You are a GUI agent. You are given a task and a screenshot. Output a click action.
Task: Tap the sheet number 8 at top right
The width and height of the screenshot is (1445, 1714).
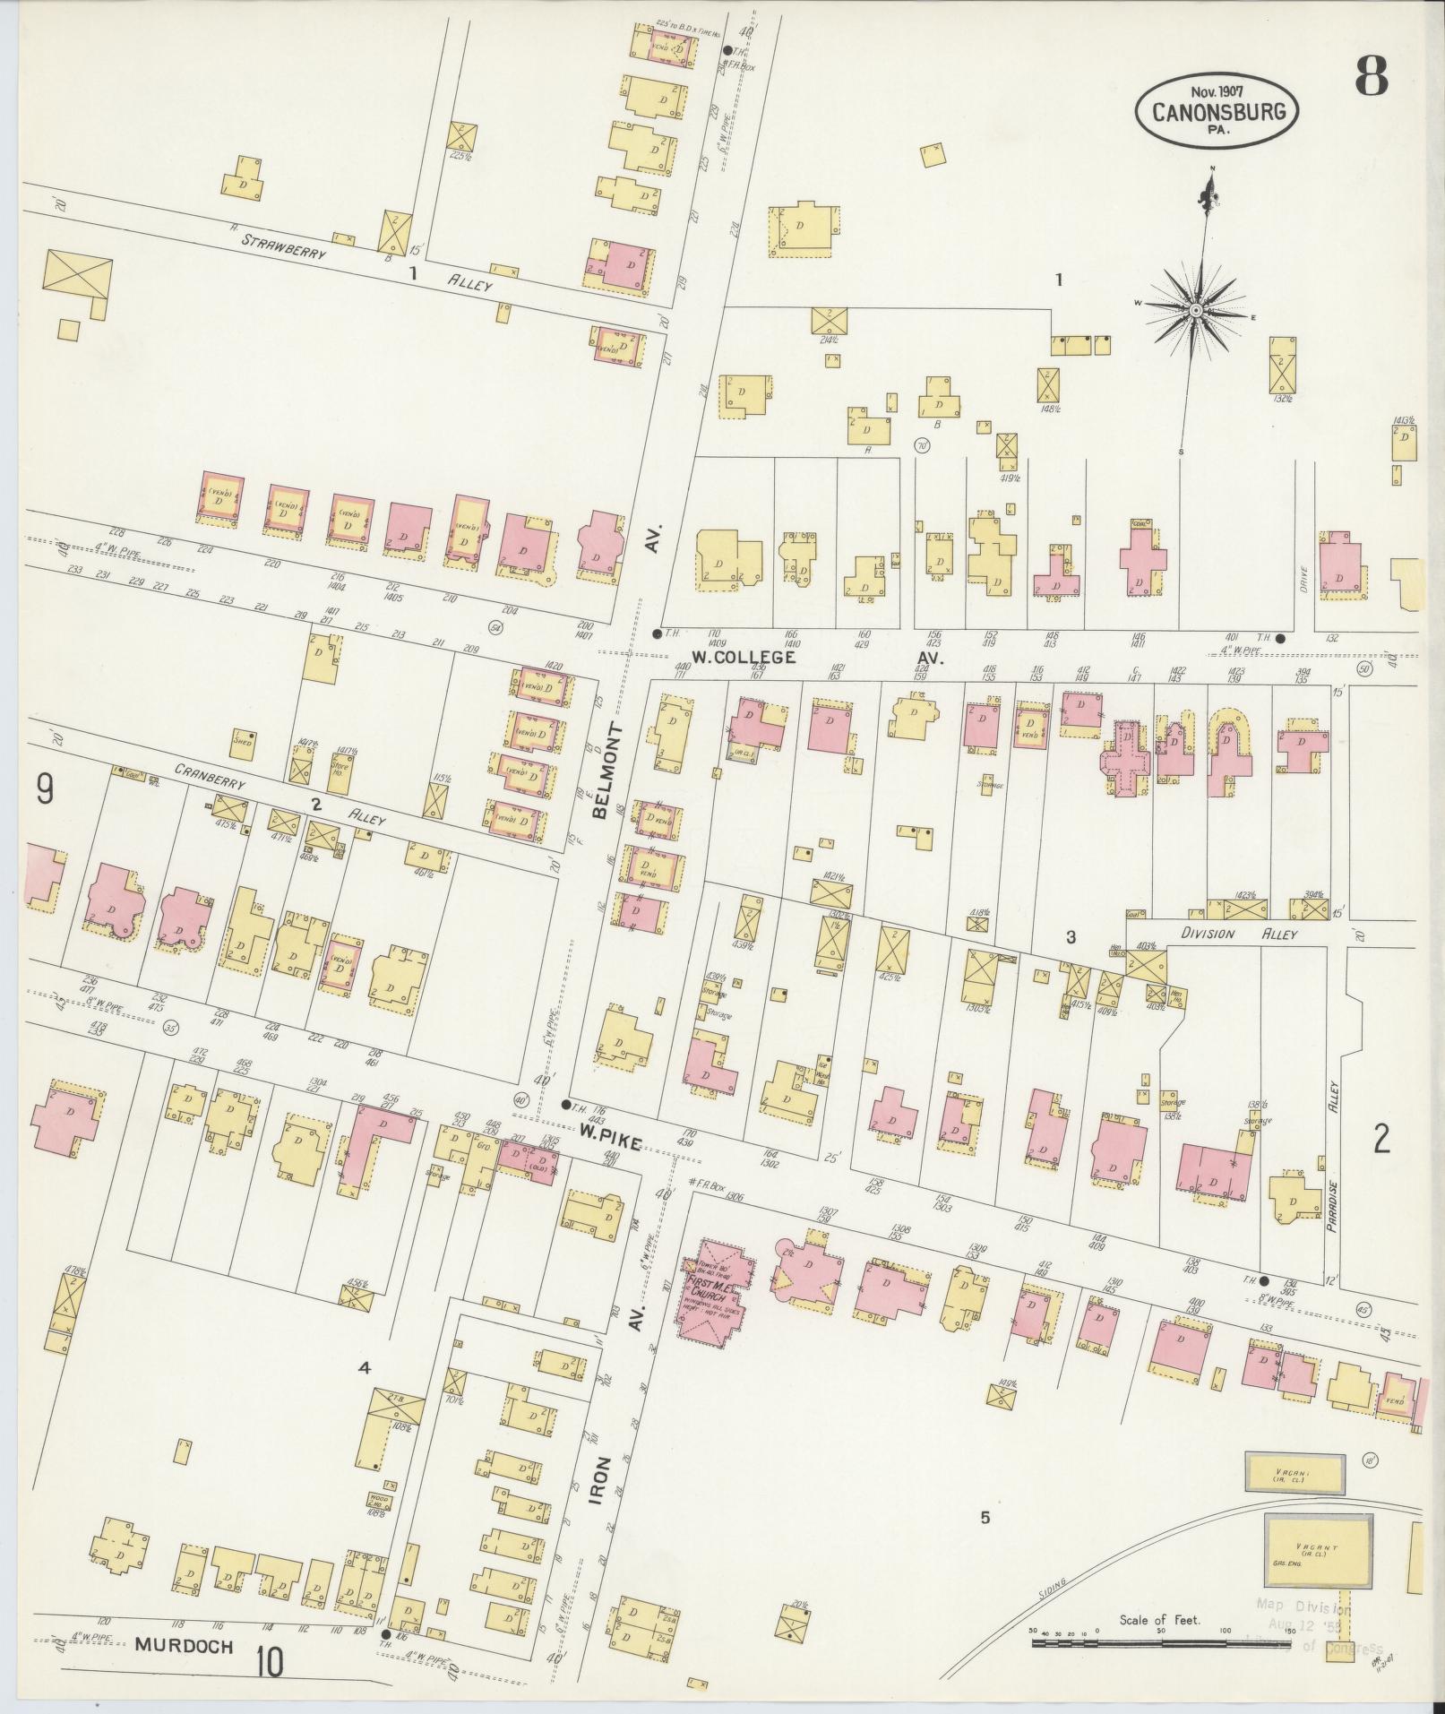[1371, 75]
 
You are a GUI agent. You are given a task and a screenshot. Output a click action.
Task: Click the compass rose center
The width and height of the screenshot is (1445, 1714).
[1195, 309]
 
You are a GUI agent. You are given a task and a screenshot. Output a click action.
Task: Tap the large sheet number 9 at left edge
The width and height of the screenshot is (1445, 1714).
[44, 789]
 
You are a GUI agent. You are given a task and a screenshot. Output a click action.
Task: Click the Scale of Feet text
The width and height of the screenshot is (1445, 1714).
[1159, 1620]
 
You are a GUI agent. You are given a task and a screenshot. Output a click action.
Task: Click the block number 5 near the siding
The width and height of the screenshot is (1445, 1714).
[985, 1518]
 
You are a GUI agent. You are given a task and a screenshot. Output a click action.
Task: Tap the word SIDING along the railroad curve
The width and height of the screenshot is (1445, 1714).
[1044, 1594]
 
